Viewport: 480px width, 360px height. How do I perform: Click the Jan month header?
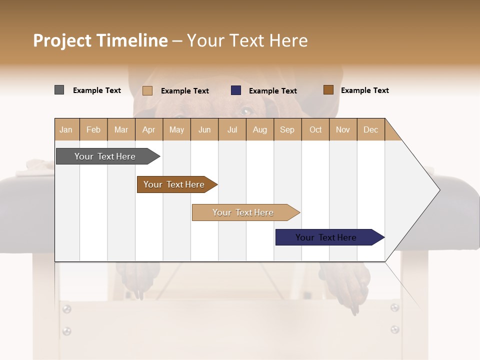(66, 129)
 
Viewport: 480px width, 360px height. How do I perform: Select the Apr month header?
(149, 129)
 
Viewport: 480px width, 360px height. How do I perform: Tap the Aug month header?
(260, 129)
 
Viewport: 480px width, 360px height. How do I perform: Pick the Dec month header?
(370, 129)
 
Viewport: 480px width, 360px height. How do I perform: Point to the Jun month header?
(204, 129)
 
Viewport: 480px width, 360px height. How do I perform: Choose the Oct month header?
(315, 129)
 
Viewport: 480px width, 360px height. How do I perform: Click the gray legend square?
(59, 90)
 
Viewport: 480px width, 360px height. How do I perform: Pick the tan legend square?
(147, 90)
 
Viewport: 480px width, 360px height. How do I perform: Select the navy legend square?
(236, 90)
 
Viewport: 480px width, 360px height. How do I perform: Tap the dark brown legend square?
(328, 90)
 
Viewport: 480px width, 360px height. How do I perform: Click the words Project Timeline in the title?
(100, 40)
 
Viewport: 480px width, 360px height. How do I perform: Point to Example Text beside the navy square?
(273, 91)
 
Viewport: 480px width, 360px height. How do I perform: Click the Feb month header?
(93, 129)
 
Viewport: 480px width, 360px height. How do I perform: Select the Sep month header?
(287, 129)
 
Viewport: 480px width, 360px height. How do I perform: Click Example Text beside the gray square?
(97, 90)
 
